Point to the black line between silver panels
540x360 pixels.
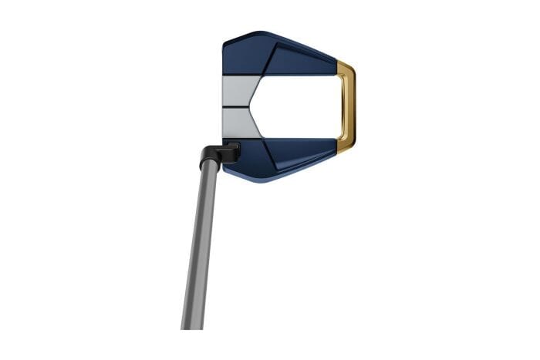(x=239, y=106)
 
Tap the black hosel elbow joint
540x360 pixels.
(x=211, y=155)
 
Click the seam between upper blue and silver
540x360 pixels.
(x=241, y=75)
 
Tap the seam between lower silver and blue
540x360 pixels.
(x=241, y=138)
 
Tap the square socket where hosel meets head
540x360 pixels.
(x=231, y=150)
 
